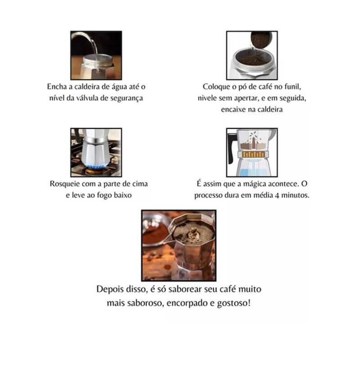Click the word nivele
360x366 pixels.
[207, 98]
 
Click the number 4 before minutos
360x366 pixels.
[277, 195]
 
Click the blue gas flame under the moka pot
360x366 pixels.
[96, 167]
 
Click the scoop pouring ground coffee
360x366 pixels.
[261, 41]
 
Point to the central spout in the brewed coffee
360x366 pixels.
[193, 232]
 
